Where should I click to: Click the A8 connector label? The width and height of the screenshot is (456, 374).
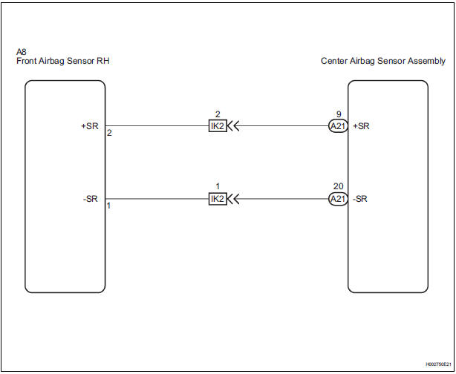22,53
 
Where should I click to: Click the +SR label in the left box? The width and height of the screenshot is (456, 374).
89,125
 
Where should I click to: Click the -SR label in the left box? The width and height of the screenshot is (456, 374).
90,199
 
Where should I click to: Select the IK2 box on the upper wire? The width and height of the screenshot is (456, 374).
218,126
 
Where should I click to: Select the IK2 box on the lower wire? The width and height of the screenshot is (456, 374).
218,200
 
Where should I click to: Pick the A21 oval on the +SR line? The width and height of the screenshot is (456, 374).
338,126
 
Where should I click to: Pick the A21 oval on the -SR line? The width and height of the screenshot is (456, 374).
338,200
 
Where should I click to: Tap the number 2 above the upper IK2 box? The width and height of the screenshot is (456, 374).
218,115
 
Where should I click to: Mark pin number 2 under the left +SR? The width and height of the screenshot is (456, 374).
109,133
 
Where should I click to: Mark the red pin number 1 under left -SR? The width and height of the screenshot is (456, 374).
109,206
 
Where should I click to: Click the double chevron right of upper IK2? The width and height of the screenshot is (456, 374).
234,126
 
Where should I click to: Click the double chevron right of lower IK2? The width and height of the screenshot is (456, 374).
234,200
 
